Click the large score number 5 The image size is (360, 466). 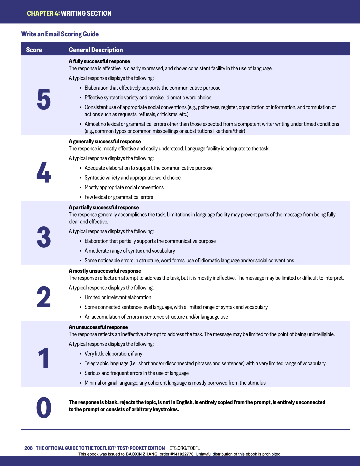pos(44,99)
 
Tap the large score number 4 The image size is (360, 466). pos(44,172)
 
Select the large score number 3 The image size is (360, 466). pos(44,237)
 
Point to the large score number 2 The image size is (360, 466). pos(44,297)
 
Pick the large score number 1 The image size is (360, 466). pos(44,358)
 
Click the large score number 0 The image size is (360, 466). pos(44,408)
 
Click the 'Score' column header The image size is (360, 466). pos(34,50)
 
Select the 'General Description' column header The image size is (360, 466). pos(96,50)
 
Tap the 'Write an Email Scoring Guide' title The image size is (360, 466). pos(60,34)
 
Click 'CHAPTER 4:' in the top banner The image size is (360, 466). pos(43,13)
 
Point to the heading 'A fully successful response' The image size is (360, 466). pos(99,61)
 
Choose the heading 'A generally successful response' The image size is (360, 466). pos(105,142)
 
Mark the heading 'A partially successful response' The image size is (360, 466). pos(104,208)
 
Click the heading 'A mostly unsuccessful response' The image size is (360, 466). pos(105,271)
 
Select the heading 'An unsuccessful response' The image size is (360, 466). pos(98,327)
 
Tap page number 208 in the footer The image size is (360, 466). pos(28,448)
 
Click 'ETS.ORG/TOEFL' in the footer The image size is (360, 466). pos(184,448)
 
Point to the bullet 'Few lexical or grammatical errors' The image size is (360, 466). pos(119,197)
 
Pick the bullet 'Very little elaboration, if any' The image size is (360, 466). pos(113,354)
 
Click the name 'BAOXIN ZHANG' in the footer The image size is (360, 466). pos(141,454)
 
